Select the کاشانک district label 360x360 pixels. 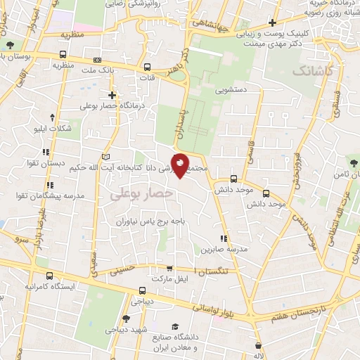310,71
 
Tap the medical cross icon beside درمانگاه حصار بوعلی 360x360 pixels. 111,94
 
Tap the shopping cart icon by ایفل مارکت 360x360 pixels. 169,268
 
